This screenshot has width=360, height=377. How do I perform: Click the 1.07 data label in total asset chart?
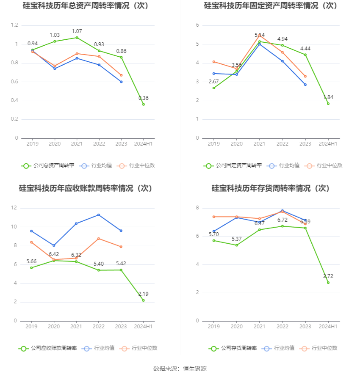(77, 31)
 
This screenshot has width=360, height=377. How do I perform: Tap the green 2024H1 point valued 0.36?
(144, 104)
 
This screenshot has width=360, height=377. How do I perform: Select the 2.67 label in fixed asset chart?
(214, 81)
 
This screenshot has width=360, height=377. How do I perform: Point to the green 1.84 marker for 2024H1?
(328, 104)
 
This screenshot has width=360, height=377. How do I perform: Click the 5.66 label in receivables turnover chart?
(32, 261)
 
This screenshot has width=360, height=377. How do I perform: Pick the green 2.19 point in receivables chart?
(143, 300)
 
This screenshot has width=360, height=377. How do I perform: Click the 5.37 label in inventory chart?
(236, 239)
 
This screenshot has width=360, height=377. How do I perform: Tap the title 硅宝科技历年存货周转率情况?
(271, 188)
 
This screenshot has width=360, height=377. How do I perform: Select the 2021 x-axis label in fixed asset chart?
(259, 144)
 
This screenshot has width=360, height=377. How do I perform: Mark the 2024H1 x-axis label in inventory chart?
(328, 327)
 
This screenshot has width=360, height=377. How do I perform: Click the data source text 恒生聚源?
(195, 369)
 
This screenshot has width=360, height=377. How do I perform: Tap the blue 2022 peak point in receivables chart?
(99, 215)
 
